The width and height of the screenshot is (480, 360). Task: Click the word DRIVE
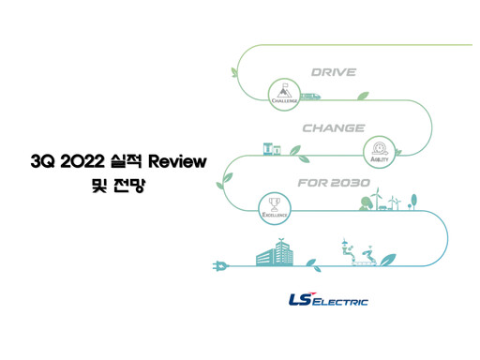(x=333, y=71)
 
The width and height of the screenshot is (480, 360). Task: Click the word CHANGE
(x=333, y=127)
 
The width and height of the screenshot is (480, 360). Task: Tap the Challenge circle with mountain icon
(x=282, y=91)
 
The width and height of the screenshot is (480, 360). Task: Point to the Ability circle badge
(x=381, y=150)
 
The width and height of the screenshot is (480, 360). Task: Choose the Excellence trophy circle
(x=275, y=206)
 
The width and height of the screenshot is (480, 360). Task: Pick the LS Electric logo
(x=328, y=300)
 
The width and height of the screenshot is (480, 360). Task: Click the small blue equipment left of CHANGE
(x=272, y=148)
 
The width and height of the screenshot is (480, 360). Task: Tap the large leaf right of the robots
(x=385, y=258)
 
